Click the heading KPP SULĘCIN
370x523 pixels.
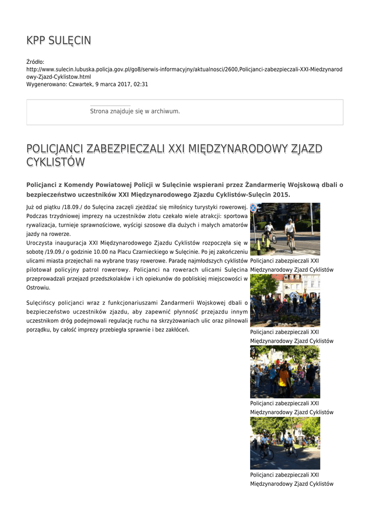click(x=59, y=41)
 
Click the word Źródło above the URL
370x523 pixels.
click(x=35, y=62)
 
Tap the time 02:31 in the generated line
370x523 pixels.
click(x=141, y=84)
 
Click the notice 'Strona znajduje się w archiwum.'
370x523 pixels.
click(x=135, y=111)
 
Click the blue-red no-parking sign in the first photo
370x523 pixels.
click(x=254, y=208)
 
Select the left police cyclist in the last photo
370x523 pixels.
click(x=266, y=446)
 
